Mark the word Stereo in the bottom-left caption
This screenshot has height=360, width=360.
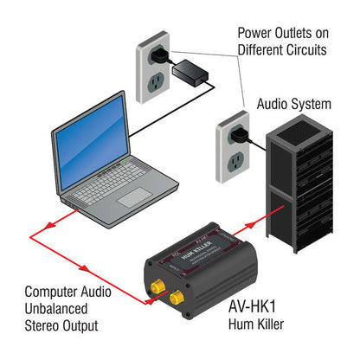coord(42,327)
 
